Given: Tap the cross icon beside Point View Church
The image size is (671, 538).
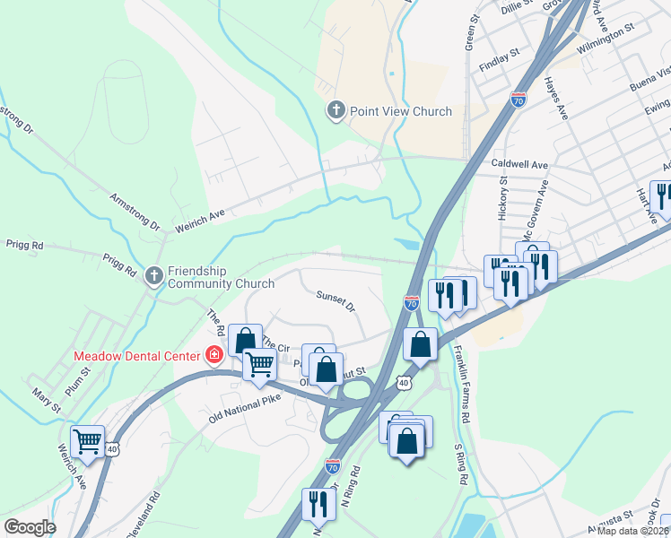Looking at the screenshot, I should [335, 110].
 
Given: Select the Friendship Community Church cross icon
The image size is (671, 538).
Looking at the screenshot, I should [154, 276].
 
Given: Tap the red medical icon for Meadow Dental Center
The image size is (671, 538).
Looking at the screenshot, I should [214, 356].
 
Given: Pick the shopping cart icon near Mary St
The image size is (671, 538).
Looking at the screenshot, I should [88, 440].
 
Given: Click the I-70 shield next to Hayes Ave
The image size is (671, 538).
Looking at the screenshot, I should [518, 99].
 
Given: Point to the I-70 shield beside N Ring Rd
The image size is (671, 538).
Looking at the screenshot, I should [333, 466].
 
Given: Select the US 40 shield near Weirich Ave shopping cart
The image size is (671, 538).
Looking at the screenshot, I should [111, 447].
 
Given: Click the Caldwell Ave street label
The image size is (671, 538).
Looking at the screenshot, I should [519, 165].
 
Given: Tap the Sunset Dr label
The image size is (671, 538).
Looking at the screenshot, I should [335, 299].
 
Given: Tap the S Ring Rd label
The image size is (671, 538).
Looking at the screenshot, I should [461, 465].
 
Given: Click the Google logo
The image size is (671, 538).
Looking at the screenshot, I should [30, 527].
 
